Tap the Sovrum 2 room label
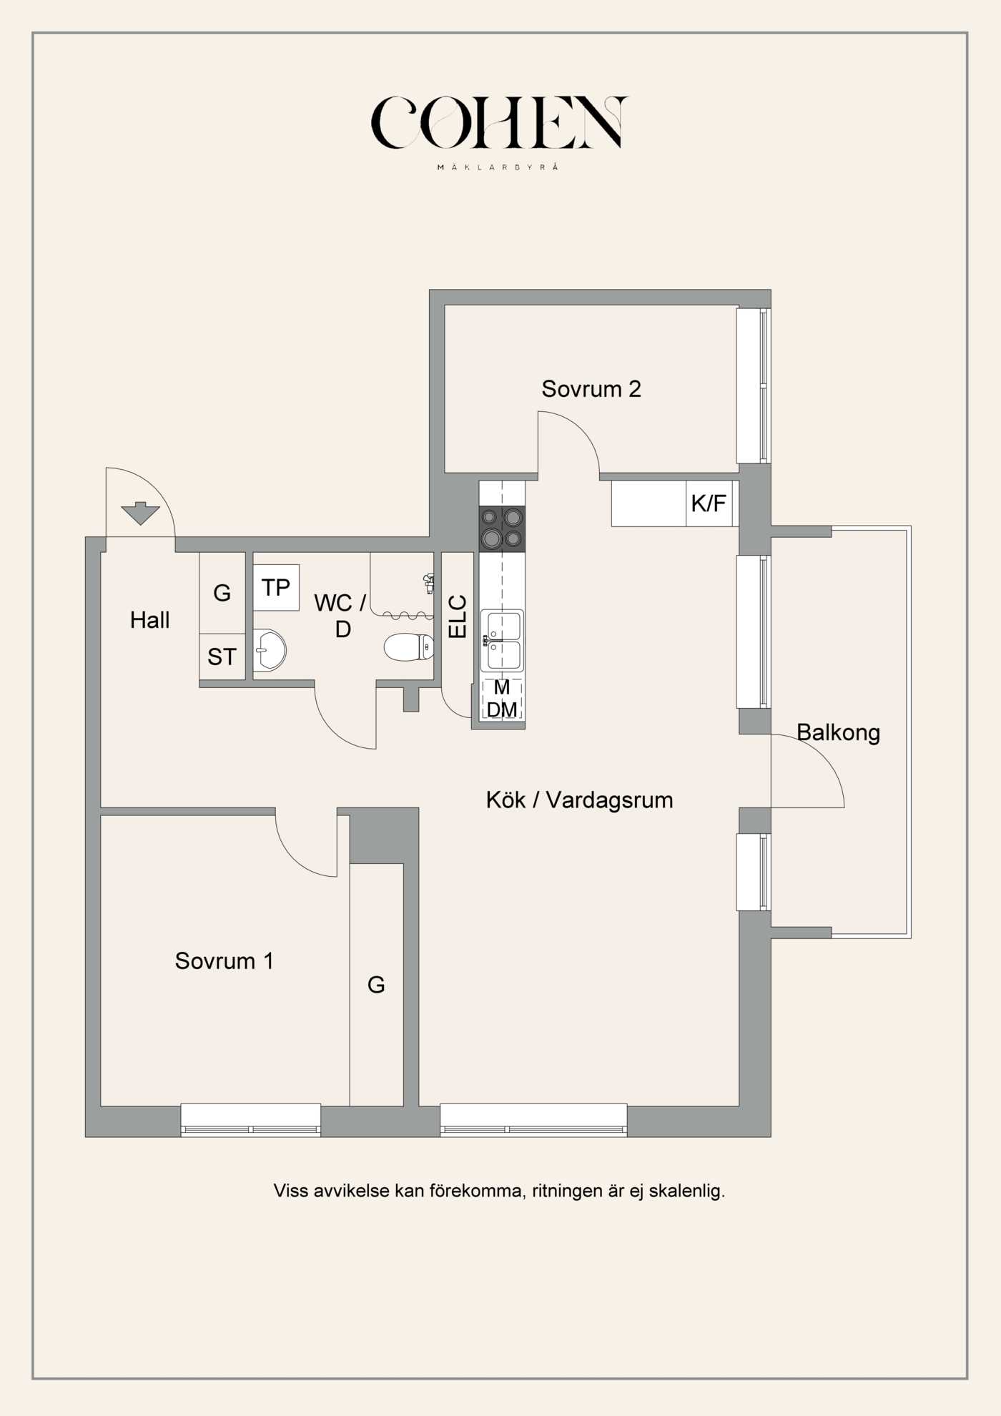pyautogui.click(x=591, y=389)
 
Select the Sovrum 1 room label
pyautogui.click(x=224, y=960)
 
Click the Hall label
pyautogui.click(x=149, y=620)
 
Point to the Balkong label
pyautogui.click(x=838, y=732)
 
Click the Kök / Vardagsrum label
pyautogui.click(x=579, y=800)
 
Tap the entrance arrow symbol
pyautogui.click(x=140, y=513)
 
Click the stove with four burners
pyautogui.click(x=502, y=528)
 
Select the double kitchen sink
pyautogui.click(x=502, y=640)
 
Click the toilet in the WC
pyautogui.click(x=408, y=647)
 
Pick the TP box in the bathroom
pyautogui.click(x=276, y=588)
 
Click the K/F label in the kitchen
pyautogui.click(x=708, y=503)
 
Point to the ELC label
pyautogui.click(x=457, y=616)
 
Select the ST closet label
pyautogui.click(x=222, y=657)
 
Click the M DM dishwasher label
pyautogui.click(x=502, y=699)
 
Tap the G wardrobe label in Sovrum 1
pyautogui.click(x=376, y=985)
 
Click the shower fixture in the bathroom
pyautogui.click(x=429, y=583)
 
